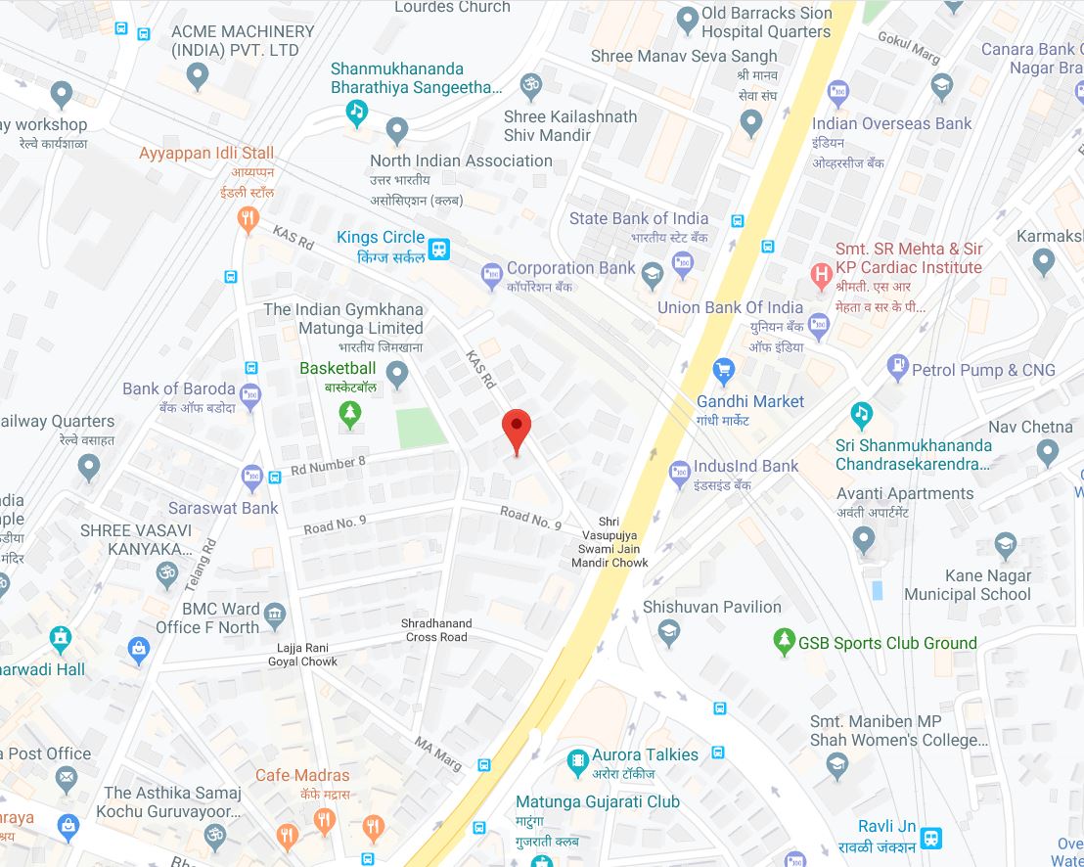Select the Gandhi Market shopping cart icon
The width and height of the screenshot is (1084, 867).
tap(724, 369)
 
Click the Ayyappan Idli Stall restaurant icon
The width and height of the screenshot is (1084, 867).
tap(248, 218)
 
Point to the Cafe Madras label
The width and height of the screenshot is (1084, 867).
tap(302, 775)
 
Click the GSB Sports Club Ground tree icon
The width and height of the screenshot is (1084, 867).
tap(783, 642)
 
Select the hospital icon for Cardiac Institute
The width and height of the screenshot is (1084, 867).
tap(822, 275)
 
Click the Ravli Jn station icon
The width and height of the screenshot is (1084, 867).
tap(931, 840)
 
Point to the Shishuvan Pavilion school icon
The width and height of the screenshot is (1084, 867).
tap(668, 634)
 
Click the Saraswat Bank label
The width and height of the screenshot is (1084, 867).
tap(223, 508)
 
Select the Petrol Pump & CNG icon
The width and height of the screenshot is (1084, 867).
tap(897, 369)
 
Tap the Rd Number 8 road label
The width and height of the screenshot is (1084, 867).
tap(328, 464)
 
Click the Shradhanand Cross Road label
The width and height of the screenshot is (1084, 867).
tap(436, 630)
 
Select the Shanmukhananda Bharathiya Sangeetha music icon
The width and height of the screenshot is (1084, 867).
tap(358, 113)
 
